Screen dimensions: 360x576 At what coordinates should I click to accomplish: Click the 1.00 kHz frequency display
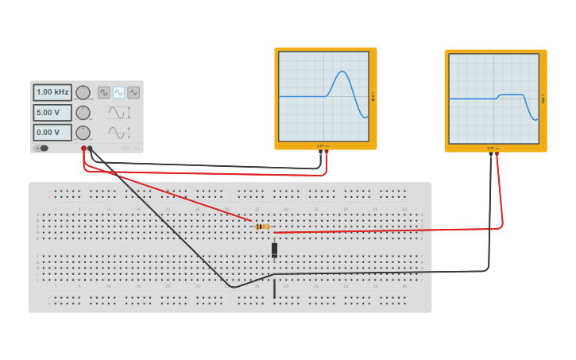52,92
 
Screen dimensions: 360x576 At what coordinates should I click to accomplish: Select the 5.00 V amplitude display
52,112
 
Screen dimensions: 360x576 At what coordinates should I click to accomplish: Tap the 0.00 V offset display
52,132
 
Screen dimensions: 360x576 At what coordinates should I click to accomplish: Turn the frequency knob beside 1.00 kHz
83,92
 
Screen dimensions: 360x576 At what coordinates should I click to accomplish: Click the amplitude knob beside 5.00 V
83,112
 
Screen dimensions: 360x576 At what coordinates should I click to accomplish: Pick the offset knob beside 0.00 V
83,132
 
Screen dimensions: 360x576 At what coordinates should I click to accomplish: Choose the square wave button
104,92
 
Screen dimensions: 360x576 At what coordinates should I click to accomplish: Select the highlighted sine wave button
118,92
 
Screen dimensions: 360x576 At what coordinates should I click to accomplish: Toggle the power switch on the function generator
42,148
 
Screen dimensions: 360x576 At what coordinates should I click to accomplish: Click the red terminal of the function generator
83,149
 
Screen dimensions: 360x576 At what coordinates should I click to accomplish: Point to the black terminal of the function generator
90,149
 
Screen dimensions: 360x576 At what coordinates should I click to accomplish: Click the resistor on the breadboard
263,226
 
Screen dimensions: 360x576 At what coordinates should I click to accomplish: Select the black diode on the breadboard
274,250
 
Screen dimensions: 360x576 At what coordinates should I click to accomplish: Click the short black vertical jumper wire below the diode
274,288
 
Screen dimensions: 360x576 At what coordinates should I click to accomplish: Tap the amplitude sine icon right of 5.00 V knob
119,112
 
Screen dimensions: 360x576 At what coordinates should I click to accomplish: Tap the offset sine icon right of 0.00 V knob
119,132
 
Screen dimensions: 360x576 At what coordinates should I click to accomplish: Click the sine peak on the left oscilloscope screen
342,72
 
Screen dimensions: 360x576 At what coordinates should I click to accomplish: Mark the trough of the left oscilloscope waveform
365,117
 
